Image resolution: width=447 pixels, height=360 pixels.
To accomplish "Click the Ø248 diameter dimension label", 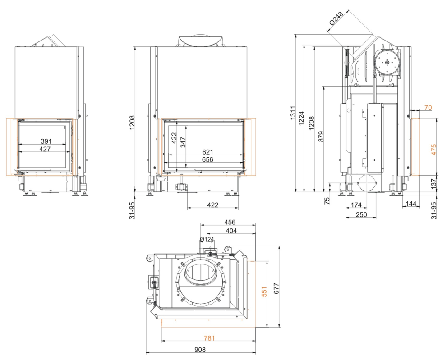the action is [x=336, y=18].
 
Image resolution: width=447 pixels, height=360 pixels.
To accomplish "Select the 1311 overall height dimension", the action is [x=293, y=113].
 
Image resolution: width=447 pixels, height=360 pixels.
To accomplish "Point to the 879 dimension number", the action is [x=321, y=137].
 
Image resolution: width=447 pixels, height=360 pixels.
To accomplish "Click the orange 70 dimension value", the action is [x=428, y=108].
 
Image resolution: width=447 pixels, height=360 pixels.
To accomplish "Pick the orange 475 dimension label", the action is [x=433, y=150].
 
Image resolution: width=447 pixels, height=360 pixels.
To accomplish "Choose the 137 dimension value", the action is [x=433, y=184].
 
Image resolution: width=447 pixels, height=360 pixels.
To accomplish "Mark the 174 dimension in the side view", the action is [x=356, y=205].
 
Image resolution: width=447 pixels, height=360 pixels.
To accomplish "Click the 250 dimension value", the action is [x=361, y=214].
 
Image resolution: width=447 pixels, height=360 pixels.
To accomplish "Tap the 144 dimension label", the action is [x=411, y=204].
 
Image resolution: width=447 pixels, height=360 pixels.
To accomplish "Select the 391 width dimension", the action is [x=46, y=141].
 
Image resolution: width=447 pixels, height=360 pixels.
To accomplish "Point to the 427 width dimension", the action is [x=45, y=149].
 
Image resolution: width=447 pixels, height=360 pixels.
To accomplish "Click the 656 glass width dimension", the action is [x=207, y=159].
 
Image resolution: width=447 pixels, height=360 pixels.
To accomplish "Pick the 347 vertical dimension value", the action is [x=183, y=142].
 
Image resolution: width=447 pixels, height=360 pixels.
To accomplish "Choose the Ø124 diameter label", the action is [x=207, y=239].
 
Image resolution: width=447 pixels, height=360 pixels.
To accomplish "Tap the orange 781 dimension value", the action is [x=209, y=338].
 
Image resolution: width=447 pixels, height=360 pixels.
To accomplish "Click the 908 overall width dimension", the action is [x=200, y=350].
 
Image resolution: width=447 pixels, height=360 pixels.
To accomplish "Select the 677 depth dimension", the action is [x=276, y=288].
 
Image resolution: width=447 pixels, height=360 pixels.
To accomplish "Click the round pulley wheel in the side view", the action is [x=387, y=63].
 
